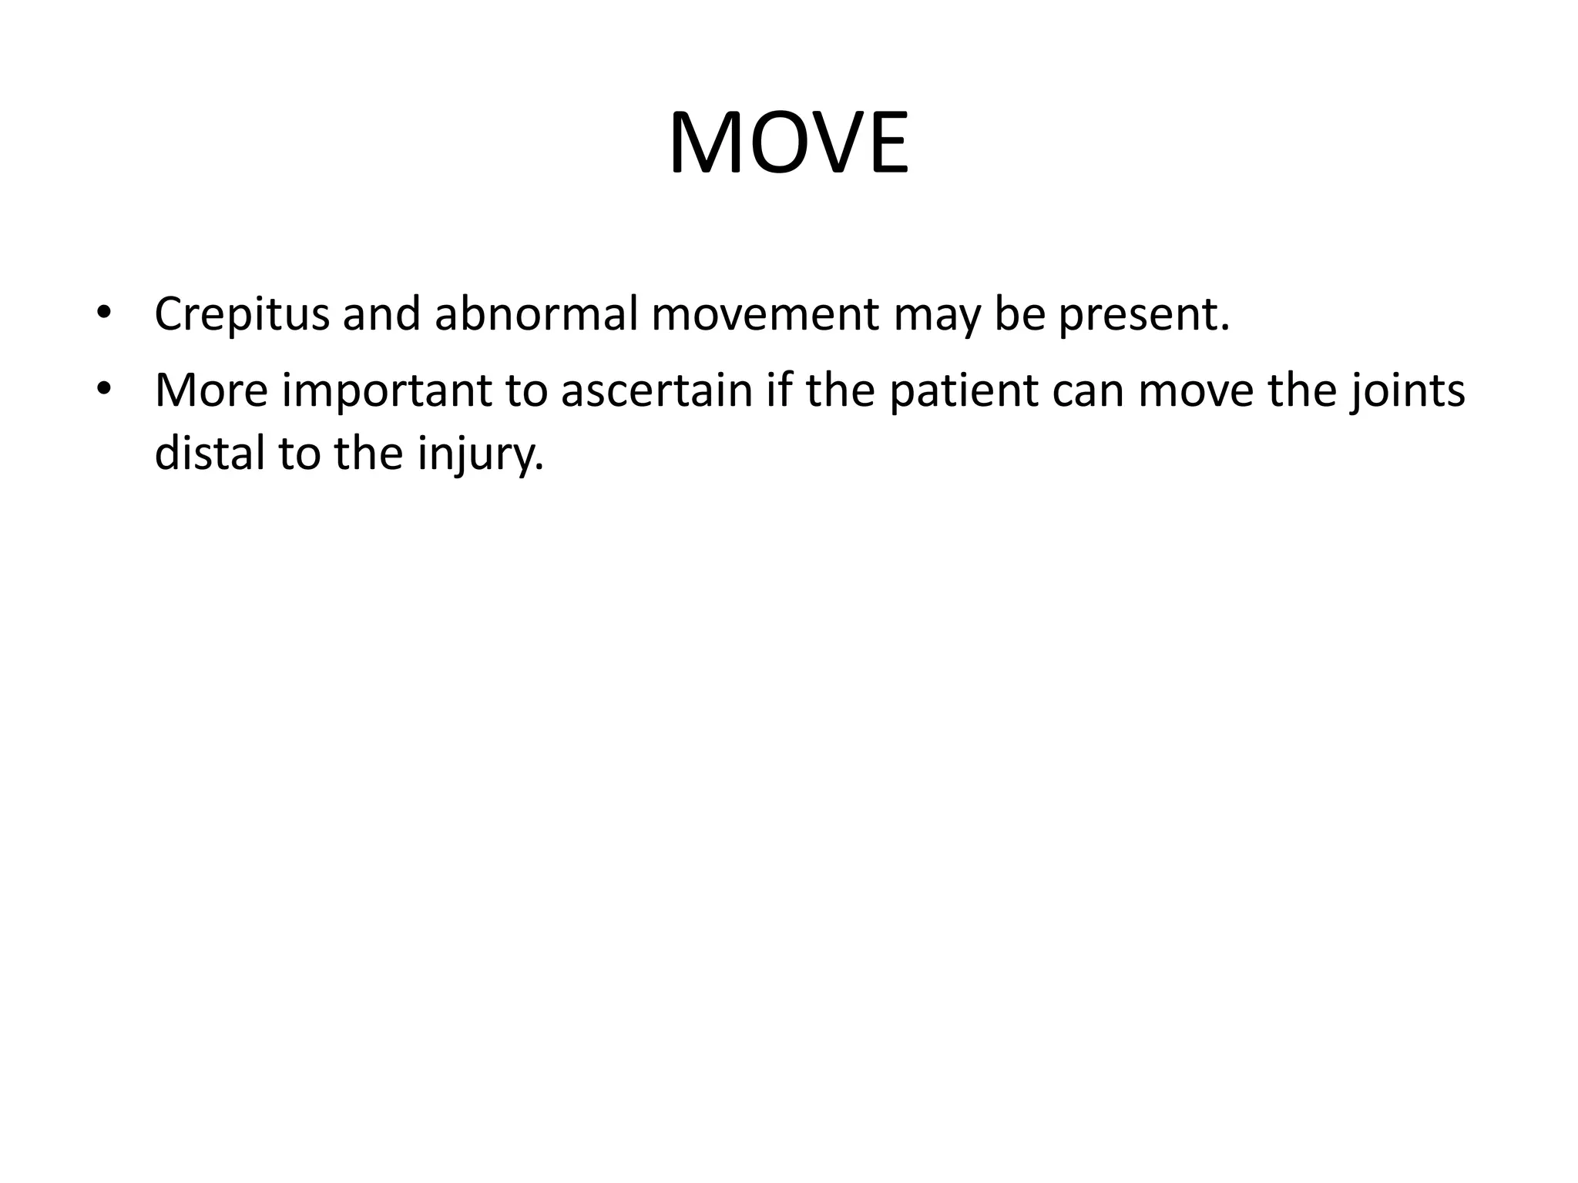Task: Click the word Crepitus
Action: (241, 315)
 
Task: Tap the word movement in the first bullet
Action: (764, 315)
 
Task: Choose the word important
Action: (386, 390)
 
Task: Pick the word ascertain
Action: (656, 390)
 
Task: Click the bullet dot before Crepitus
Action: (104, 313)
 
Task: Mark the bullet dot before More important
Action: (104, 389)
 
